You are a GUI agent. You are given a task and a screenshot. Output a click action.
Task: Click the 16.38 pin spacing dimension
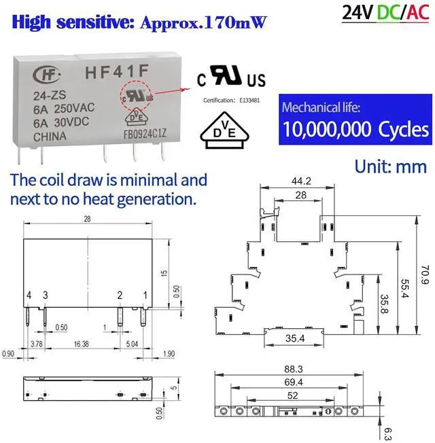click(82, 344)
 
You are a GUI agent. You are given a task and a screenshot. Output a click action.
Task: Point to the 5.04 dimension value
click(132, 344)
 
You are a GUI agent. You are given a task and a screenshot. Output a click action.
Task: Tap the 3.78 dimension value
click(37, 344)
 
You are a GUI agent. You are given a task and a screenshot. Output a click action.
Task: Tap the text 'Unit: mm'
click(390, 166)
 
